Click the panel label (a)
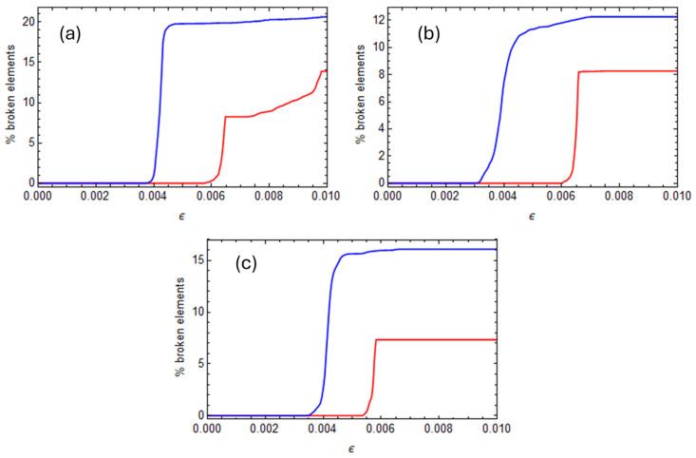(x=70, y=34)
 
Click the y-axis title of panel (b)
(x=360, y=100)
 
